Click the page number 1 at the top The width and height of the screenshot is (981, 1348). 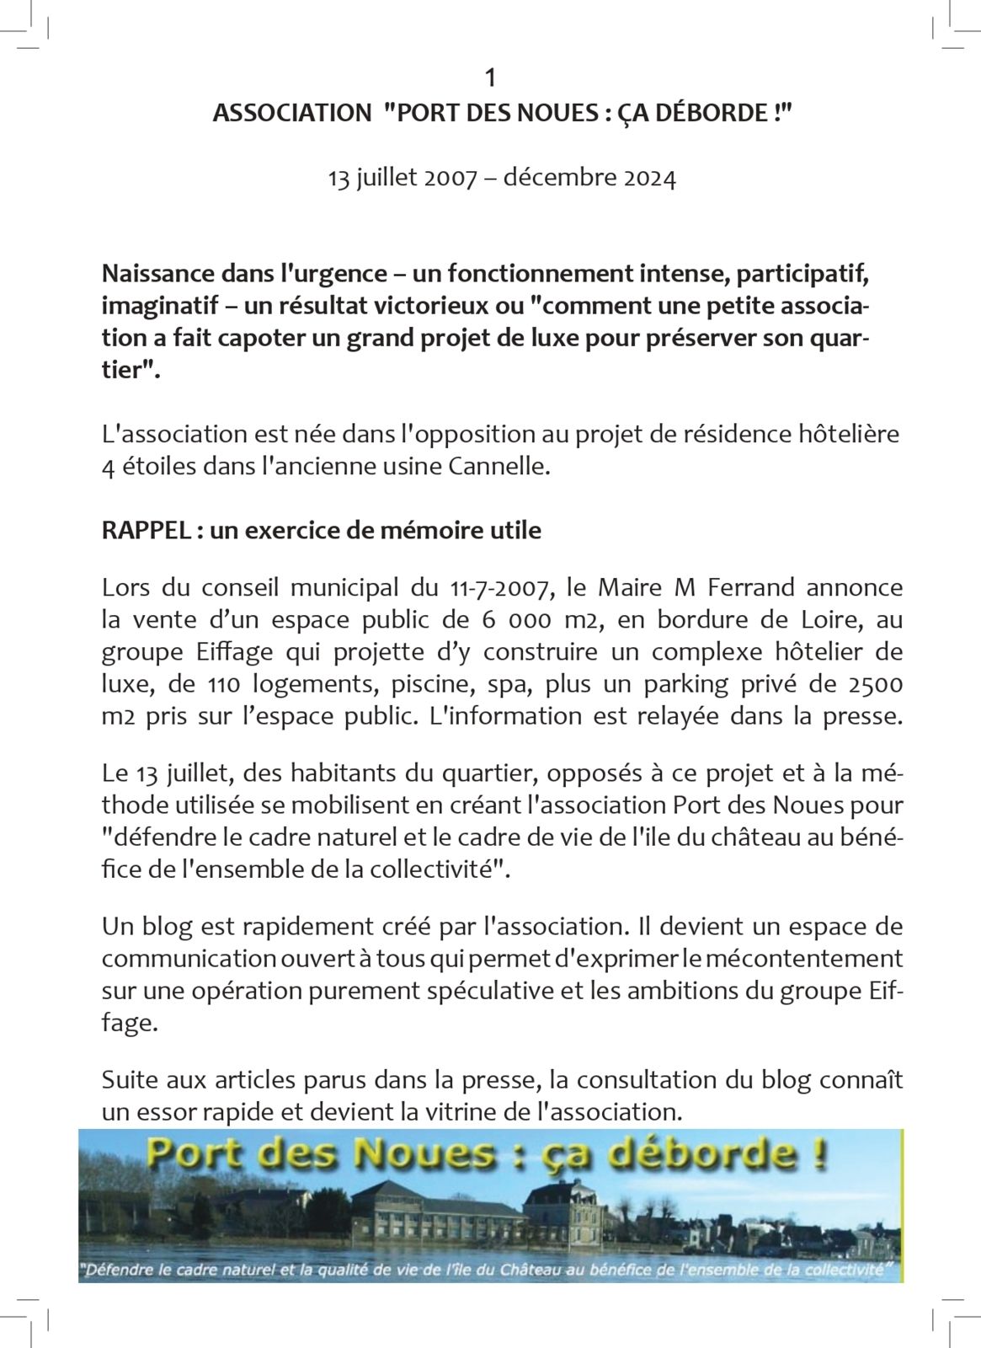(x=490, y=78)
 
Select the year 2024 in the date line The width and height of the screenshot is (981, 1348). (x=649, y=179)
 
